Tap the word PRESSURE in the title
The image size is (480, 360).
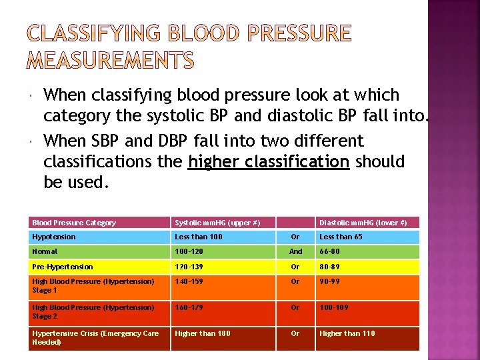pyautogui.click(x=293, y=33)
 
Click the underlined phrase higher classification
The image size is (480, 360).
pyautogui.click(x=269, y=162)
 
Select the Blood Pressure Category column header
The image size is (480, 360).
pyautogui.click(x=74, y=223)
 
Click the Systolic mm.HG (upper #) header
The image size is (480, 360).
pyautogui.click(x=217, y=223)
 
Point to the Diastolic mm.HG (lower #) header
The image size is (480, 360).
pyautogui.click(x=363, y=223)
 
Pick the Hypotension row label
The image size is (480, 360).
pyautogui.click(x=54, y=237)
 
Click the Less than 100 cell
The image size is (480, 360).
pyautogui.click(x=199, y=237)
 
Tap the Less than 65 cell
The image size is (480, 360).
pyautogui.click(x=341, y=237)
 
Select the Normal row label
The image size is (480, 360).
pyautogui.click(x=45, y=251)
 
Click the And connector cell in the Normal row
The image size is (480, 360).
pyautogui.click(x=295, y=251)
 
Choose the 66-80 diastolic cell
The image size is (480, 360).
pyautogui.click(x=329, y=251)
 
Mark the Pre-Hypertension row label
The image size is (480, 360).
pyautogui.click(x=63, y=267)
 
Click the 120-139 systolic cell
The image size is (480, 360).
pyautogui.click(x=189, y=267)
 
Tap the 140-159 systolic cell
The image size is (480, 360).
pyautogui.click(x=189, y=281)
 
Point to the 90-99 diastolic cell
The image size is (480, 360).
pyautogui.click(x=329, y=281)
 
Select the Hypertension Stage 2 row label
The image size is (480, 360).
pyautogui.click(x=93, y=311)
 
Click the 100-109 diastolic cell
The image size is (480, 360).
pyautogui.click(x=333, y=307)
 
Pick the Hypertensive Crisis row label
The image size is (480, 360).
pyautogui.click(x=95, y=337)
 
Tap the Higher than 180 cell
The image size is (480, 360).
pyautogui.click(x=202, y=333)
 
